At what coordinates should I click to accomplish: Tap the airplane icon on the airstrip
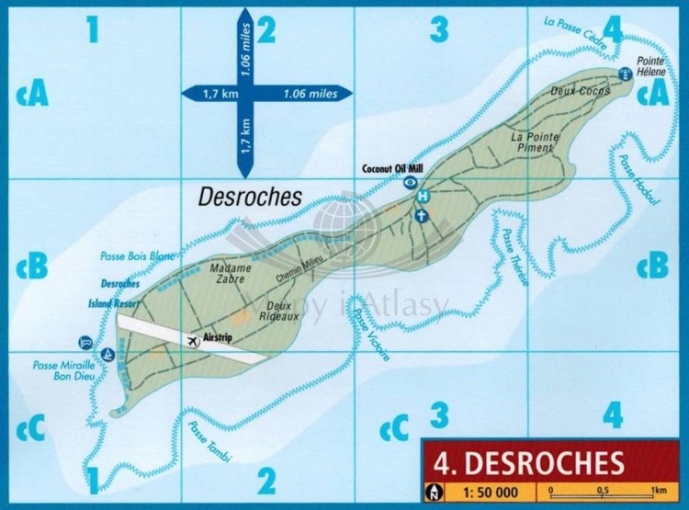[x=193, y=341]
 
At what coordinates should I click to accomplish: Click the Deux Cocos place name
[x=574, y=91]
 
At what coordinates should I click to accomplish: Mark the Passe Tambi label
[x=209, y=441]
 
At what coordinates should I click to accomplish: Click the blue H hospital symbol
[x=423, y=197]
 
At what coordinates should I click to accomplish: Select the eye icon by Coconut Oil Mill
[x=410, y=182]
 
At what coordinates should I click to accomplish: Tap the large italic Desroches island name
[x=251, y=195]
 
